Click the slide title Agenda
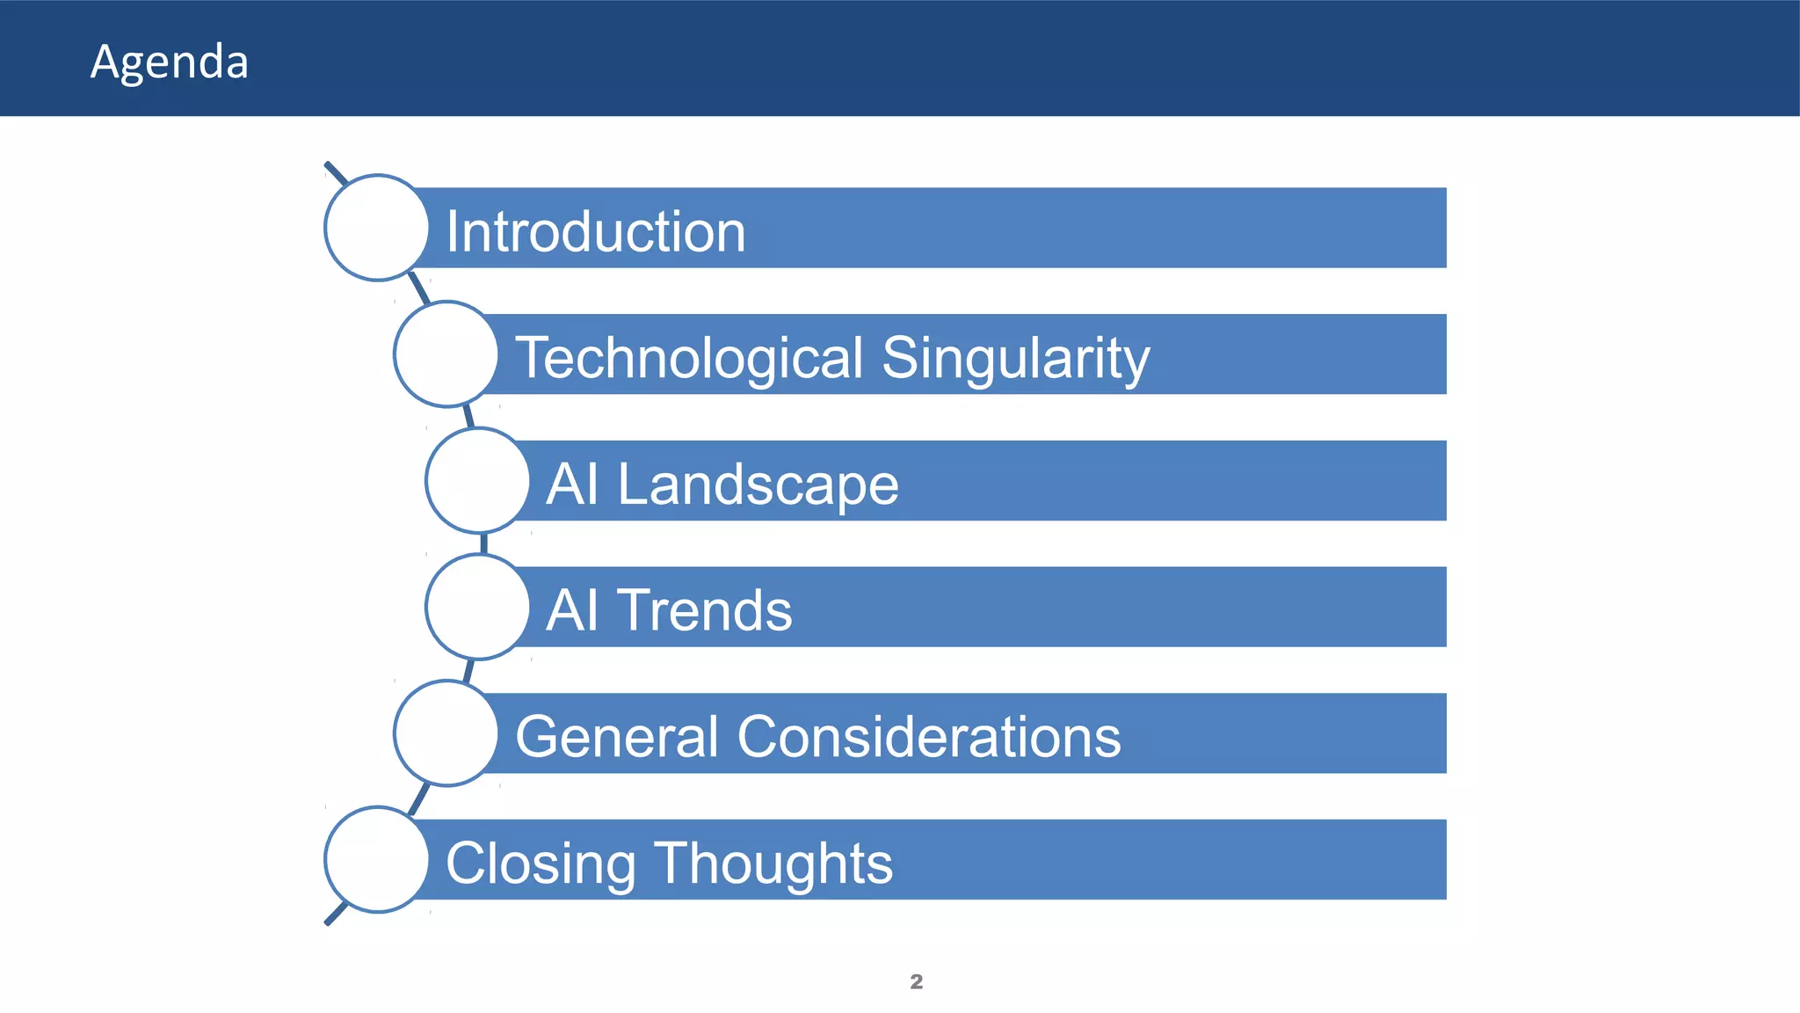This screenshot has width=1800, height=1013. coord(170,62)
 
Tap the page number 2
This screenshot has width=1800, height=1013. coord(916,981)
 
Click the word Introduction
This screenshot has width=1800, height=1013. coord(596,232)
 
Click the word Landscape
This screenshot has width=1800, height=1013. coord(758,485)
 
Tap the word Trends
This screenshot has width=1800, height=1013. coord(705,610)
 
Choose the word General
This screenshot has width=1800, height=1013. coord(617,736)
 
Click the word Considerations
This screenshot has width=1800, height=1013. coord(928,736)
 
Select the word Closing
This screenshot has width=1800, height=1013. coord(541,863)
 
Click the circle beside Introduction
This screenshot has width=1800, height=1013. coord(377,228)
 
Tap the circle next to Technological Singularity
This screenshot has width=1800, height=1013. coord(446,354)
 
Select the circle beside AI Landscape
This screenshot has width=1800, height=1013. coord(478,481)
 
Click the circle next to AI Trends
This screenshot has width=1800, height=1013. coord(478,607)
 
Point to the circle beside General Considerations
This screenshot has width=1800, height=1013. coord(446,733)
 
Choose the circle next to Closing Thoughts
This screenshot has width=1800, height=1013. coord(377,860)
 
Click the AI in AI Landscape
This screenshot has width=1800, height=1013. coord(572,485)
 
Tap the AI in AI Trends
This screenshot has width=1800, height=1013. coord(572,610)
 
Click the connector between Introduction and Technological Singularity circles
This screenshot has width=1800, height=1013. coord(419,289)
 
